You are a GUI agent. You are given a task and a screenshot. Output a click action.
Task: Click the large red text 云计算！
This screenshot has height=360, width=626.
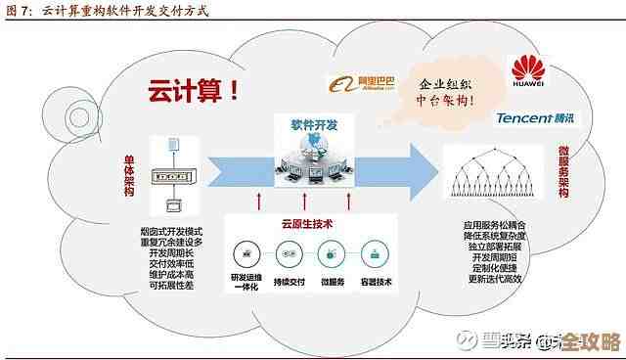point(194,93)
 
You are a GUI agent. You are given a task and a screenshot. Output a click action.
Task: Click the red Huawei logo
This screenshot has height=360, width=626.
point(531,70)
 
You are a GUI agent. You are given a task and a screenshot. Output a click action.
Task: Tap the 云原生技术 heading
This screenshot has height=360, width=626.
point(306,224)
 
